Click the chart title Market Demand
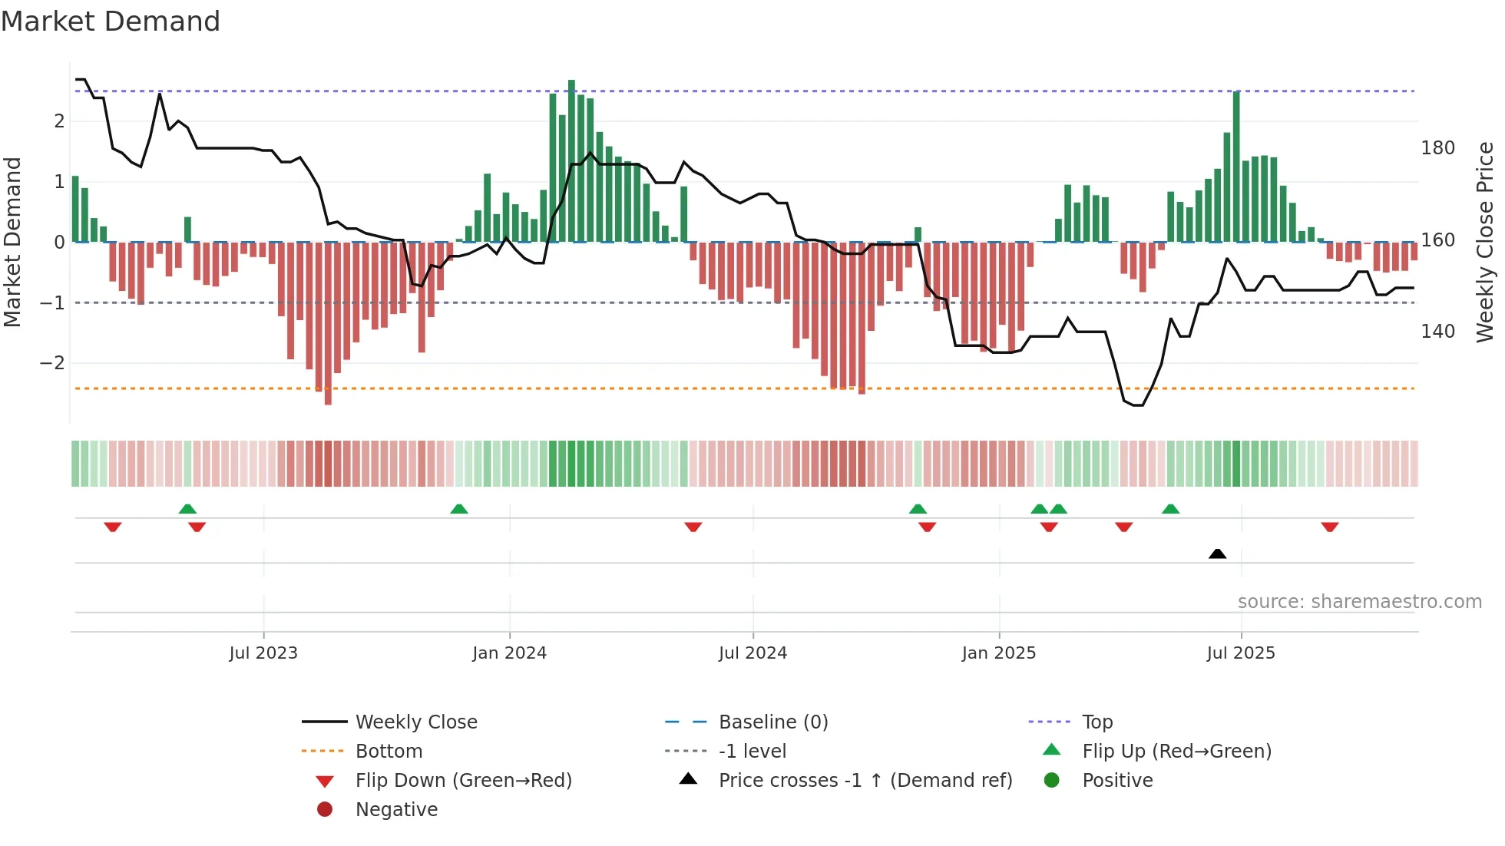111,21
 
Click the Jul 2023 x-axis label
263,653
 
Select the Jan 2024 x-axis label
509,653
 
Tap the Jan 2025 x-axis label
998,653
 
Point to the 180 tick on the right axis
1437,148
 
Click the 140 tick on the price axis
1437,332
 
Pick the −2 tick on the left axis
52,363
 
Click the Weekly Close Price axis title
1485,242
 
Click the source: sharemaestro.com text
1359,602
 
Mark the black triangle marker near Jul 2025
1217,554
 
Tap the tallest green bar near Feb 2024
571,161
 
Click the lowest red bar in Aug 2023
328,322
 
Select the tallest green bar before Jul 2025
1236,167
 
